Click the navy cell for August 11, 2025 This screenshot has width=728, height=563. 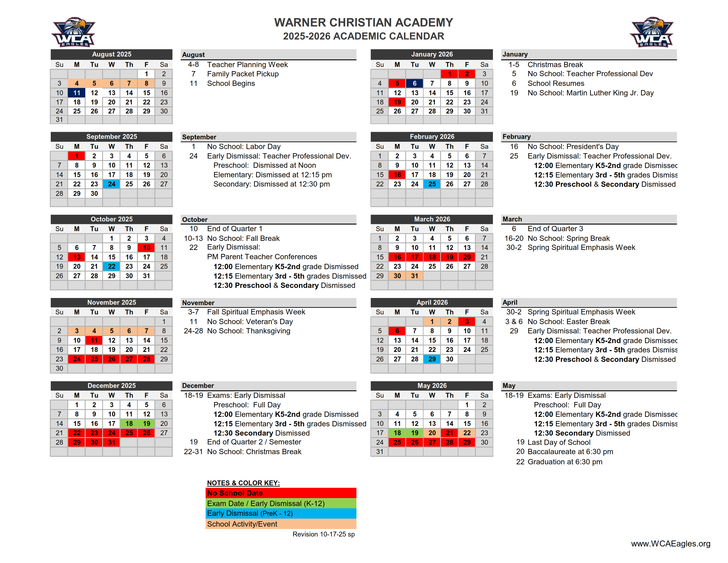pos(77,93)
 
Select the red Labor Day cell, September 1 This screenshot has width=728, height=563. pos(77,156)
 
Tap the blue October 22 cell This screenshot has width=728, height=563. pos(111,266)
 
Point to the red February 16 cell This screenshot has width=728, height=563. pos(397,174)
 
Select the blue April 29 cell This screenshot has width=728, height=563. pos(432,359)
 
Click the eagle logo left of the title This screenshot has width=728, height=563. pos(73,32)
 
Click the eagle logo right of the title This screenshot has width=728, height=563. pos(652,32)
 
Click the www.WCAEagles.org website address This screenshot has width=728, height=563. pos(670,544)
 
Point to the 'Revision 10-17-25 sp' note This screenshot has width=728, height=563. pos(323,534)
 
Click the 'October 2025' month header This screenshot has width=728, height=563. pos(111,219)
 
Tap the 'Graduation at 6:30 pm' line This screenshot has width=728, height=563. pos(565,462)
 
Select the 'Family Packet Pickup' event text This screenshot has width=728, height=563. pos(243,74)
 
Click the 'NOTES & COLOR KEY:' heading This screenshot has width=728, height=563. pos(243,483)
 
